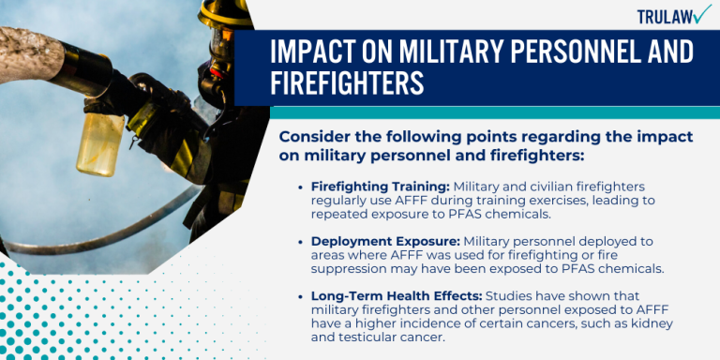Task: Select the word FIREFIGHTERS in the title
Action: point(347,84)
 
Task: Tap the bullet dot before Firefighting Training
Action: point(299,187)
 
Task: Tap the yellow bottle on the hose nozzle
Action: point(100,142)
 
